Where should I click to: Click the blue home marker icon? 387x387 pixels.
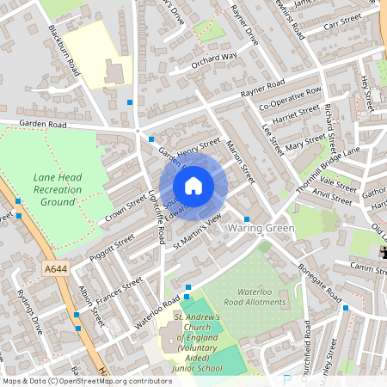[x=193, y=186]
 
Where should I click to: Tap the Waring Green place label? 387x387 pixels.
[x=261, y=229]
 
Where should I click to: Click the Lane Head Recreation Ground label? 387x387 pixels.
[x=58, y=189]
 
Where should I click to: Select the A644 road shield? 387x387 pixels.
[x=54, y=269]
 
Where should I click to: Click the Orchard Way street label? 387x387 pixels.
[x=213, y=58]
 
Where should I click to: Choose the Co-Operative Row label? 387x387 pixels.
[x=290, y=100]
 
